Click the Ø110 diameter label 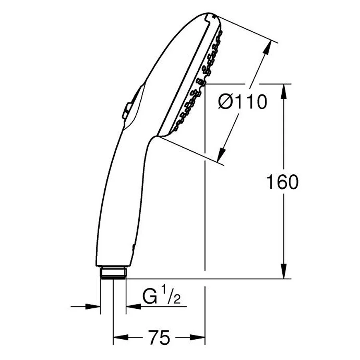[x=243, y=102]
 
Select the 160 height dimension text [x=282, y=182]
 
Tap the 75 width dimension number [x=159, y=337]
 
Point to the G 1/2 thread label [x=162, y=295]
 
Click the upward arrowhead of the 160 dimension [x=284, y=91]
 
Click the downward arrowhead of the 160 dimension [x=284, y=271]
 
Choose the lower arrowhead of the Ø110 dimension [x=221, y=155]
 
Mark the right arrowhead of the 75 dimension [x=198, y=337]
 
